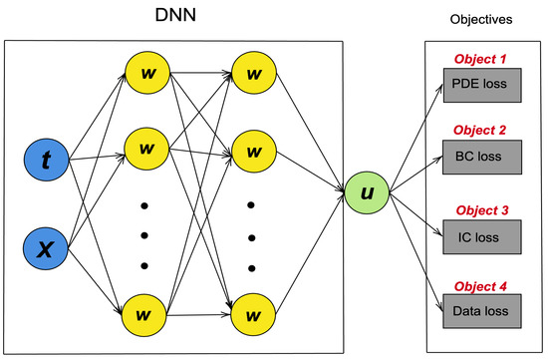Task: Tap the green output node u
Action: [x=367, y=187]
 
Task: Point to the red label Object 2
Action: [x=483, y=131]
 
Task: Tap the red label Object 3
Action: [x=483, y=210]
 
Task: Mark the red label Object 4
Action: [x=483, y=286]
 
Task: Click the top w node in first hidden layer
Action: [x=144, y=72]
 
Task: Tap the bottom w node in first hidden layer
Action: [x=144, y=316]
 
